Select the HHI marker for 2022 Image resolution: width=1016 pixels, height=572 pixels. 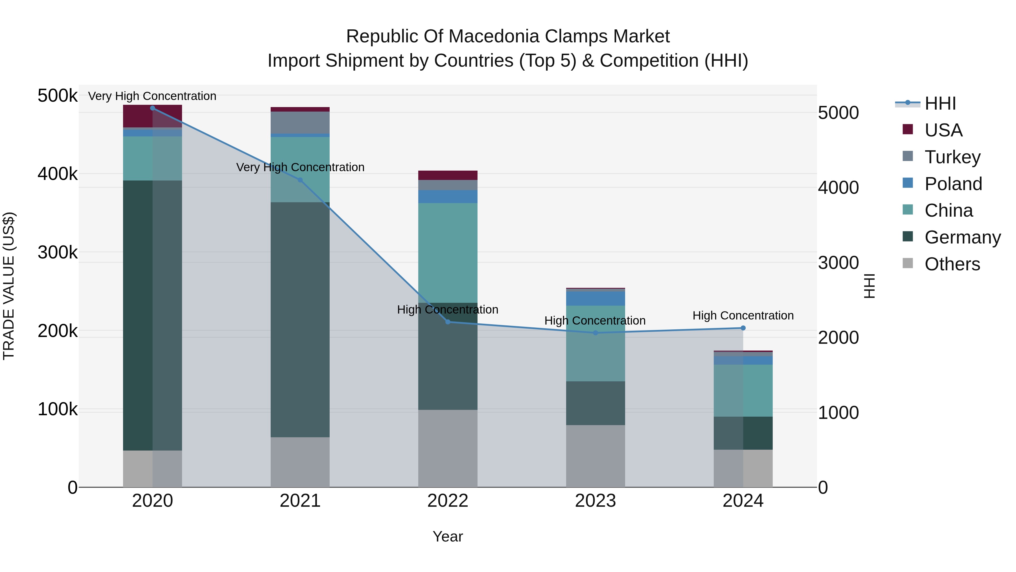(448, 322)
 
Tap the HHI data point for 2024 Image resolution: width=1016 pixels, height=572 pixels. (743, 328)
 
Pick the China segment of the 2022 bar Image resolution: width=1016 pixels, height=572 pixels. (448, 253)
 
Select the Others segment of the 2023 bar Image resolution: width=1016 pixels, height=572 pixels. (595, 456)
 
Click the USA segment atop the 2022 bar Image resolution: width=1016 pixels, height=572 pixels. (448, 175)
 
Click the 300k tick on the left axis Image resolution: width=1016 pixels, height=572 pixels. (58, 252)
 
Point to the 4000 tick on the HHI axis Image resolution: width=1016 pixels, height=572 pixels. (838, 188)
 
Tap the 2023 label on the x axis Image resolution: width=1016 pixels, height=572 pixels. (595, 501)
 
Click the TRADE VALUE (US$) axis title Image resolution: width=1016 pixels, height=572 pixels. (9, 286)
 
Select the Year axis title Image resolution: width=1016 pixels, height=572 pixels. (448, 536)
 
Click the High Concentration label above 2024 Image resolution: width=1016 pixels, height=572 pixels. (743, 316)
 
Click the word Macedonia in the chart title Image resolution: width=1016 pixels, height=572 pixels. (494, 36)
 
